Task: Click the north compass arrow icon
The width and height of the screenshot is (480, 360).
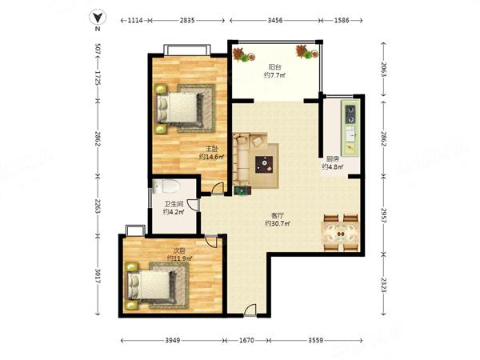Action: click(98, 18)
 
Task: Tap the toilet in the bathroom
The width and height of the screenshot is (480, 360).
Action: click(166, 186)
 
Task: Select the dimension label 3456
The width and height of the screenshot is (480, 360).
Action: click(275, 21)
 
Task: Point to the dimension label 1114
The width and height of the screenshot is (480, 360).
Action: click(135, 21)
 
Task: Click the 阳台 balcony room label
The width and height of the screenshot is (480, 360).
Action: click(275, 67)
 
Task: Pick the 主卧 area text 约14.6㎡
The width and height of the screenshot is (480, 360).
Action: click(211, 157)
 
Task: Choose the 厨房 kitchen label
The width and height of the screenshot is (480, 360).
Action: click(333, 159)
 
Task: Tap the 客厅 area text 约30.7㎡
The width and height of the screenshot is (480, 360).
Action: click(278, 224)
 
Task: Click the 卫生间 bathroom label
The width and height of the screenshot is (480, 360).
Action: click(174, 204)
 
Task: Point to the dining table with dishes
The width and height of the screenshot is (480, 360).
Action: click(341, 233)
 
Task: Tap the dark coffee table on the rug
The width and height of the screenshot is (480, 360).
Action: click(264, 165)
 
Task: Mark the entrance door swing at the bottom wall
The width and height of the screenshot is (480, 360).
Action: click(250, 310)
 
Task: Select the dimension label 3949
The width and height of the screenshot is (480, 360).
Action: click(173, 340)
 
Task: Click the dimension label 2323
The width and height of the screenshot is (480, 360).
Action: click(383, 284)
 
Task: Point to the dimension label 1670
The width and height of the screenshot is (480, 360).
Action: click(246, 340)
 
